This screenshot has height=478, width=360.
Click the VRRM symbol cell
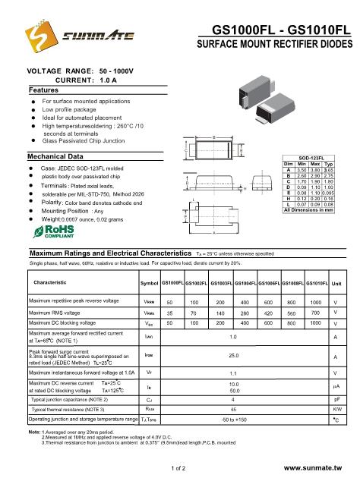pos(149,302)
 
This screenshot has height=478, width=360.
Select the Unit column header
pos(336,283)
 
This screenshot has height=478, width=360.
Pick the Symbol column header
pos(149,283)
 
